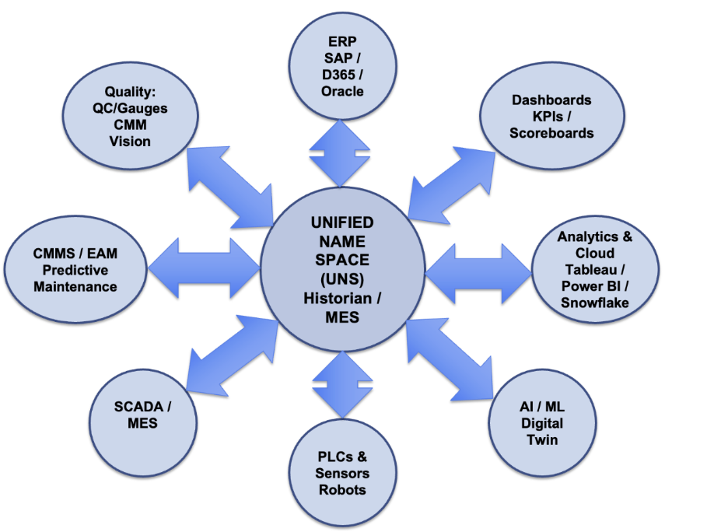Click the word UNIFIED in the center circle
click(342, 222)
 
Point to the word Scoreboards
click(551, 133)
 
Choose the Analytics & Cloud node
click(595, 268)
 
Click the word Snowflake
click(595, 303)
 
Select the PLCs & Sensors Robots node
click(342, 474)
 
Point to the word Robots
click(342, 490)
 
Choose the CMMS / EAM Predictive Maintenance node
click(75, 270)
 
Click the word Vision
click(130, 141)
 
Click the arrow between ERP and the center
click(340, 151)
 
